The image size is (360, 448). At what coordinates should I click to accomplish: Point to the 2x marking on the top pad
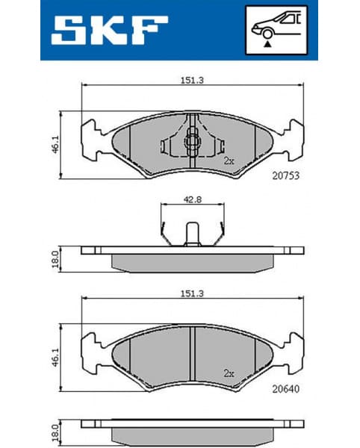tap(229, 160)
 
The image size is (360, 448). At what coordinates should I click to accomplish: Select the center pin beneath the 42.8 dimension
tap(192, 234)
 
